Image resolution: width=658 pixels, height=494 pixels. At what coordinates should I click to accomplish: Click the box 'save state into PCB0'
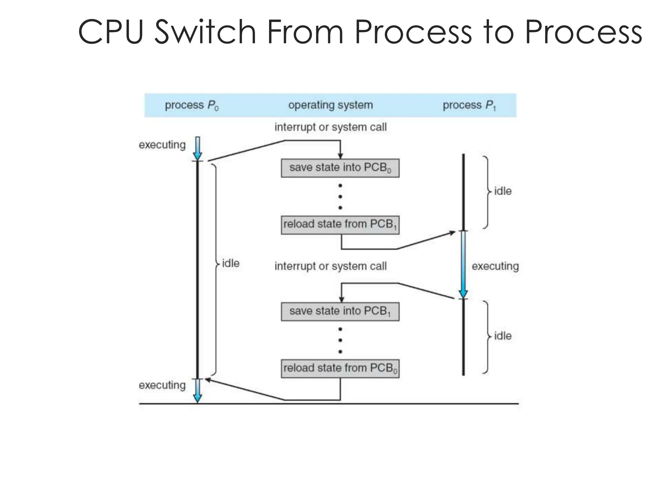point(340,168)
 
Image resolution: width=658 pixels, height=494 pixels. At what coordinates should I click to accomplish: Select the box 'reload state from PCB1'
point(340,224)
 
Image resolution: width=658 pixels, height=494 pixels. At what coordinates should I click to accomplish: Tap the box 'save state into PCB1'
point(340,311)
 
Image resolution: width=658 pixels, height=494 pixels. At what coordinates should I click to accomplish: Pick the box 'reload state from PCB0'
point(340,368)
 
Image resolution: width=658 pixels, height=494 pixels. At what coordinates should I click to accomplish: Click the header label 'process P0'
point(191,105)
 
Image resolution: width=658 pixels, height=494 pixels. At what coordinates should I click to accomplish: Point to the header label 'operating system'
point(330,105)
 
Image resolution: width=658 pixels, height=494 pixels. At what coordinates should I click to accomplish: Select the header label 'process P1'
point(469,105)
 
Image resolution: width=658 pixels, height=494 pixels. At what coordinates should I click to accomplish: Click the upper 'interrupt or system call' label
point(330,127)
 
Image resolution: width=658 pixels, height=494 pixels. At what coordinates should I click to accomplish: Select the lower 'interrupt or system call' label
point(330,266)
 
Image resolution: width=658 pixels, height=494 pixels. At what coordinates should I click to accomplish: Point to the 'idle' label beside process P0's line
point(231,263)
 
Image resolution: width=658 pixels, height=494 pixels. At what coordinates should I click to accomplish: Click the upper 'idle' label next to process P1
point(502,191)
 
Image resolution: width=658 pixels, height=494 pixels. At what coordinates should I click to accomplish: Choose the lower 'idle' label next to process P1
point(502,336)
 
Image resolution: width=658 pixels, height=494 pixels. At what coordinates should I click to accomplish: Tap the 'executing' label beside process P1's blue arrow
point(495,266)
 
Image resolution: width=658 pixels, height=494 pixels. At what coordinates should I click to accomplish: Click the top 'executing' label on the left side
point(162,145)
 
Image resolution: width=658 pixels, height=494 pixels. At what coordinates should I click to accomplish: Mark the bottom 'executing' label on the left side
point(162,385)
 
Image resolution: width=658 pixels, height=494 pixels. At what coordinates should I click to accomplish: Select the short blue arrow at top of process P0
point(198,149)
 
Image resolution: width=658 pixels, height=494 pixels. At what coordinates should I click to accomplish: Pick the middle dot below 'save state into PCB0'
point(340,197)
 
